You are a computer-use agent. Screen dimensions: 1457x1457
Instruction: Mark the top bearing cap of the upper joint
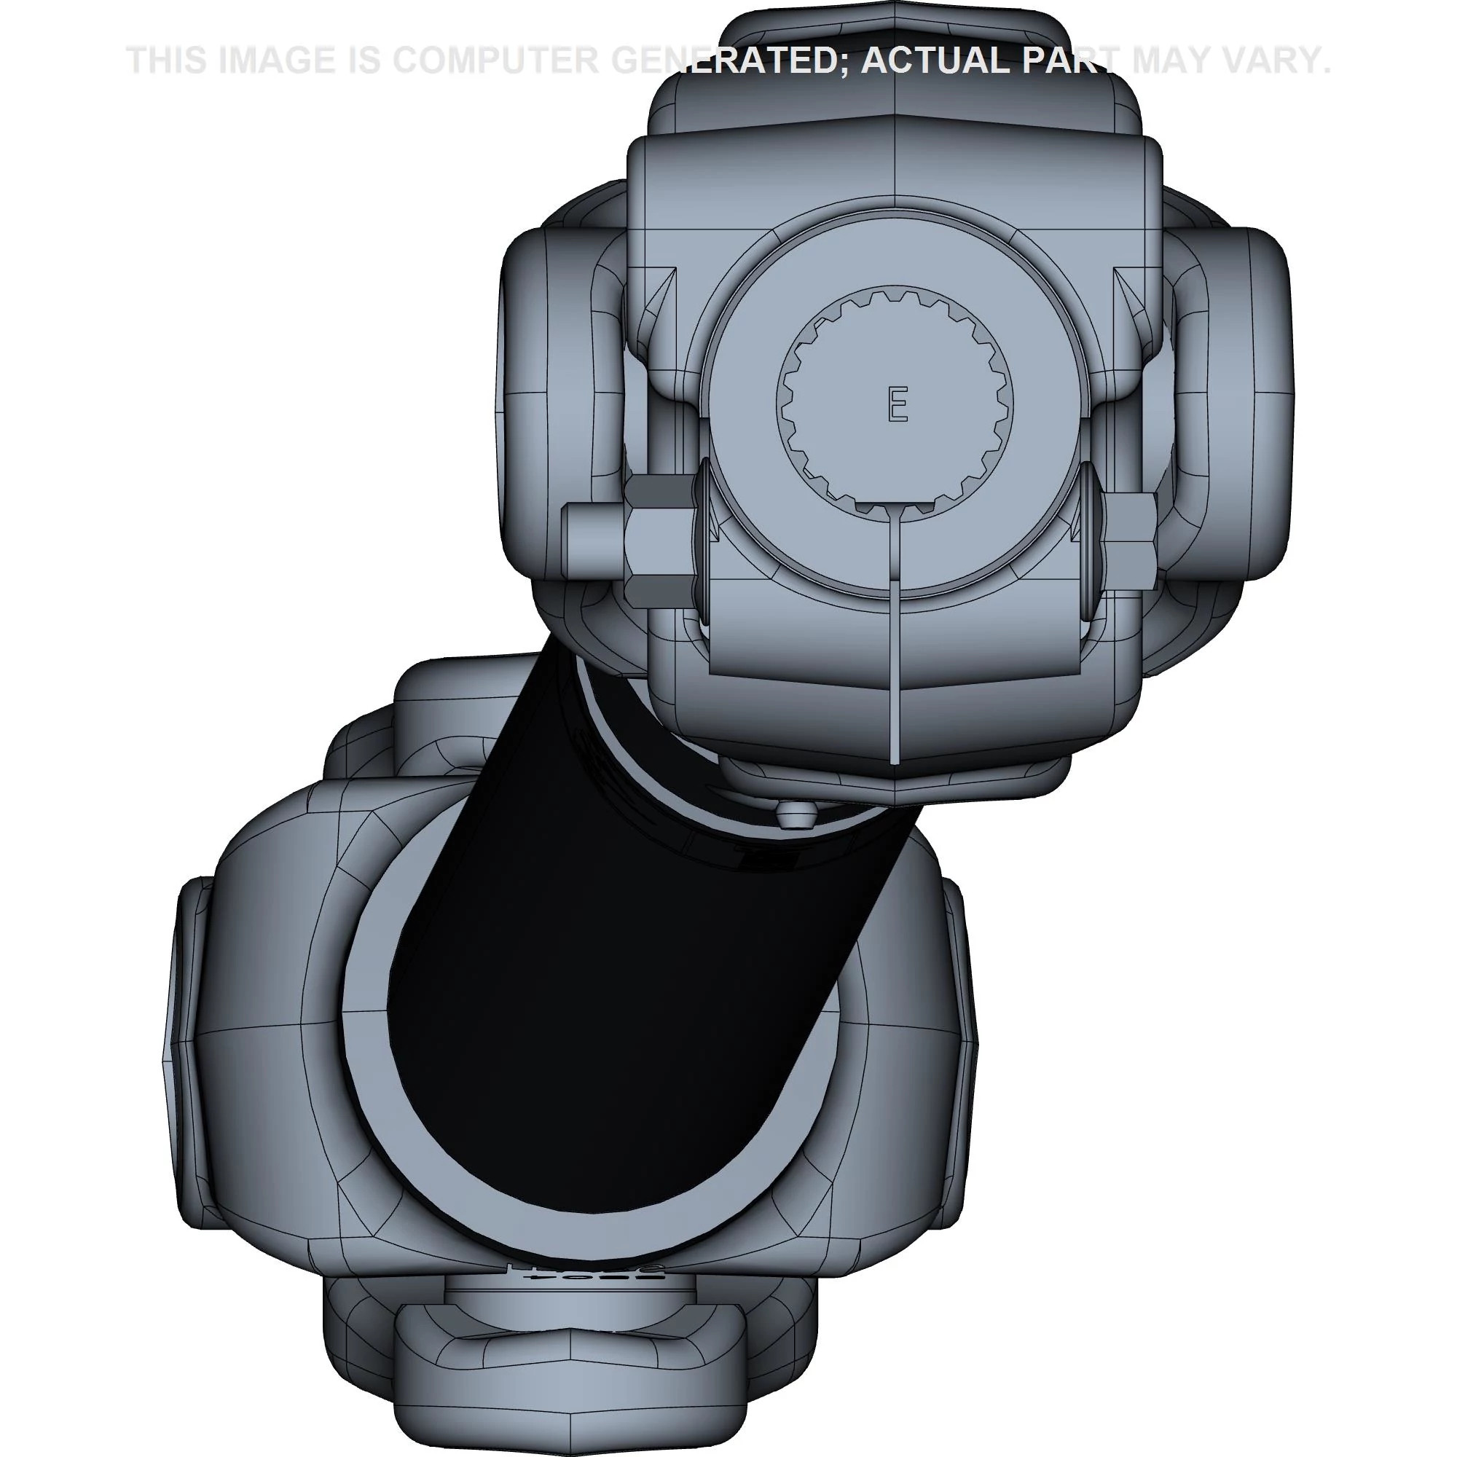(x=895, y=38)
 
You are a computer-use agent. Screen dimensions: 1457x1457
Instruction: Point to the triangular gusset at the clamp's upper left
(x=658, y=302)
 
